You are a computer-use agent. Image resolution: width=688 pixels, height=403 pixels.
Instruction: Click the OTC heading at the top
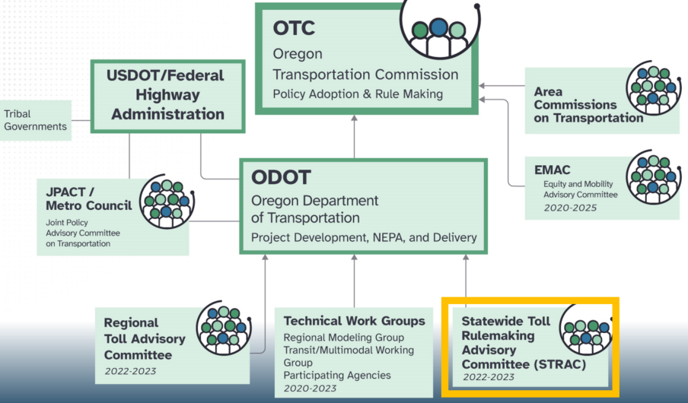coord(294,29)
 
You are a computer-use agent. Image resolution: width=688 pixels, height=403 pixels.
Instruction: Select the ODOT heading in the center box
coord(282,178)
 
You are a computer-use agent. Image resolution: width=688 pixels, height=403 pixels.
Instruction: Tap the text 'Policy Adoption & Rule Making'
coord(358,94)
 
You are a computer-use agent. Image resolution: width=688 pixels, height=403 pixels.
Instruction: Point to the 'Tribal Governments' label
coord(33,119)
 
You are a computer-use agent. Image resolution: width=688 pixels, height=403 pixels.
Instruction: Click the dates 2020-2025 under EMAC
coord(569,208)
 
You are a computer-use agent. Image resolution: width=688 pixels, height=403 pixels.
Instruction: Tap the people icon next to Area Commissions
coord(652,89)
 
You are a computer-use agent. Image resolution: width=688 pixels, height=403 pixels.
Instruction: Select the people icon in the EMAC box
coord(652,176)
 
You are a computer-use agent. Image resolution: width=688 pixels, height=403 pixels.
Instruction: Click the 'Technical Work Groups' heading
coord(354,321)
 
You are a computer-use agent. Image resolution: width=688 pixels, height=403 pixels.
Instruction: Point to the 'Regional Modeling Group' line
coord(343,338)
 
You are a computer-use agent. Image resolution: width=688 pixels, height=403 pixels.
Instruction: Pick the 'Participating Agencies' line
coord(336,375)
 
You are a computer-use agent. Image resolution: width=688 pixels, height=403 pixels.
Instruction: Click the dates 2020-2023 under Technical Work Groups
coord(310,389)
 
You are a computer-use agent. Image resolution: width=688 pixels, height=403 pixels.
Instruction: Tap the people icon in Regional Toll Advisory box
coord(222,330)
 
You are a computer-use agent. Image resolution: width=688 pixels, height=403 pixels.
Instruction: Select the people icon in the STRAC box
coord(586,335)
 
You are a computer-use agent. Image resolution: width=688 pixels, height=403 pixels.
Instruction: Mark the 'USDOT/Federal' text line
coord(166,75)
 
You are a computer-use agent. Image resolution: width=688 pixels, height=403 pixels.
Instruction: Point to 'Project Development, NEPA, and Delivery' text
coord(364,238)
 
